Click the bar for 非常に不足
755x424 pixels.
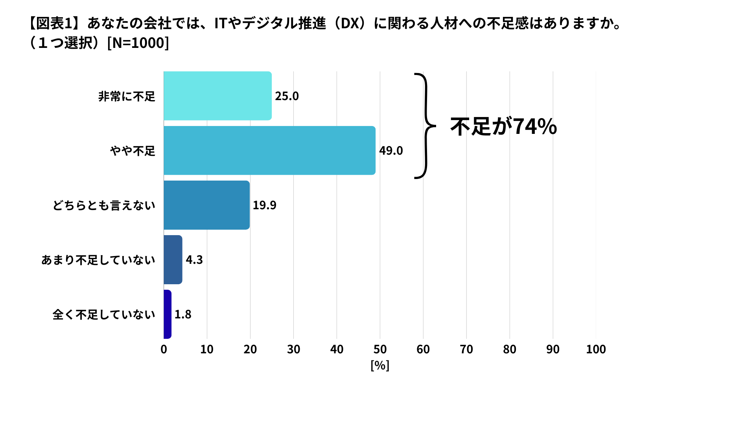click(x=217, y=96)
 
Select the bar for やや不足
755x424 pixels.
click(x=269, y=150)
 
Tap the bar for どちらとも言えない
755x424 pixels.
click(x=206, y=205)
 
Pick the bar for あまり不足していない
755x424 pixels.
click(x=173, y=260)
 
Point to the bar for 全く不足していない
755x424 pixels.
click(x=168, y=314)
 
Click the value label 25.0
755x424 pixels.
click(x=287, y=96)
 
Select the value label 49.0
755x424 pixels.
click(x=391, y=151)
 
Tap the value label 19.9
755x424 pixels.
click(x=264, y=205)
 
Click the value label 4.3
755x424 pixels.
click(x=194, y=260)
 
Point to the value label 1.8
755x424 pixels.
click(x=183, y=314)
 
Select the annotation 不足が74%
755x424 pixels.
click(x=503, y=126)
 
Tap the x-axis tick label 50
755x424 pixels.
click(x=380, y=349)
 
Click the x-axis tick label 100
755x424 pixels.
click(x=596, y=349)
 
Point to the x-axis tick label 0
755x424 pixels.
click(x=164, y=349)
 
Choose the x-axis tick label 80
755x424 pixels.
click(x=510, y=349)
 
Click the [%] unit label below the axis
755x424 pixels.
click(x=380, y=366)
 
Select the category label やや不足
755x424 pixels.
click(x=133, y=151)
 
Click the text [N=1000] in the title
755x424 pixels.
click(x=138, y=43)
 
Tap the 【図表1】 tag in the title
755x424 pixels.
click(x=54, y=24)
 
